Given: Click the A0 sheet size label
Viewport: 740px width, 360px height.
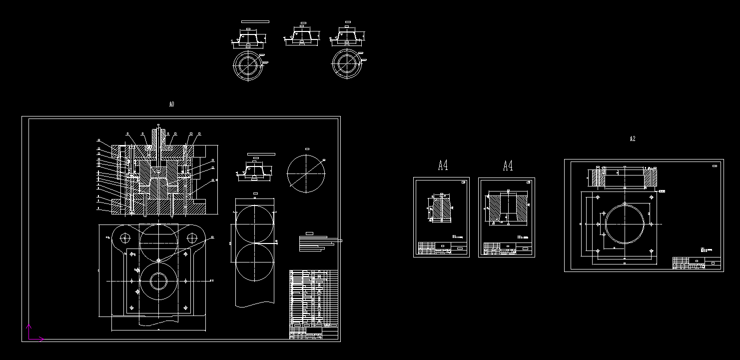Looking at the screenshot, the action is coord(171,104).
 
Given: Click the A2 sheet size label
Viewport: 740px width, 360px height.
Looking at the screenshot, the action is coord(632,139).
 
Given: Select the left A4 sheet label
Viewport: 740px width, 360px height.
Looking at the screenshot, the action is coord(443,165).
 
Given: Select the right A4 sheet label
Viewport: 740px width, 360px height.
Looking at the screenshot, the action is coord(508,165).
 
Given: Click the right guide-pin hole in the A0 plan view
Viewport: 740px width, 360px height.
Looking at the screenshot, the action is coord(191,238).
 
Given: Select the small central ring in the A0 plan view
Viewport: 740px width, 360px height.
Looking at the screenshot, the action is coord(158,281).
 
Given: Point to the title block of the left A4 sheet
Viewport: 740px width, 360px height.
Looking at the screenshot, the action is coord(442,248).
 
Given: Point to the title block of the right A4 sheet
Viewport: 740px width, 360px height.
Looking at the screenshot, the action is coord(507,248).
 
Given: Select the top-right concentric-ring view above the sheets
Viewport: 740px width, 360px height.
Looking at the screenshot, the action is coord(346,64).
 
